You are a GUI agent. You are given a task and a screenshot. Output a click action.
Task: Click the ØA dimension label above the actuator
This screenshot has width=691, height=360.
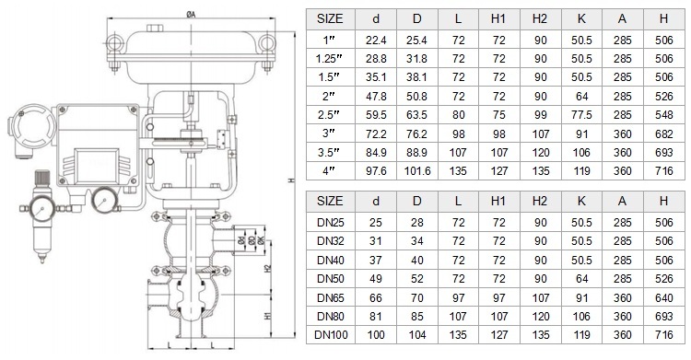[x=191, y=14]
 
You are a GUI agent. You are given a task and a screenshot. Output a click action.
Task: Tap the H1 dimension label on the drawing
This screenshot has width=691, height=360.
[x=268, y=316]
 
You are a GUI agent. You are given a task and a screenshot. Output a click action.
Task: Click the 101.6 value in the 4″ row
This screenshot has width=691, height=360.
[x=416, y=171]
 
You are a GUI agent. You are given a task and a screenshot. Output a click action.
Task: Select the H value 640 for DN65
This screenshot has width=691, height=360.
[x=663, y=298]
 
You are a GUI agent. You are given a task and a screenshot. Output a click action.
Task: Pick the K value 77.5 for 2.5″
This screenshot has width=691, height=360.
[x=581, y=115]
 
